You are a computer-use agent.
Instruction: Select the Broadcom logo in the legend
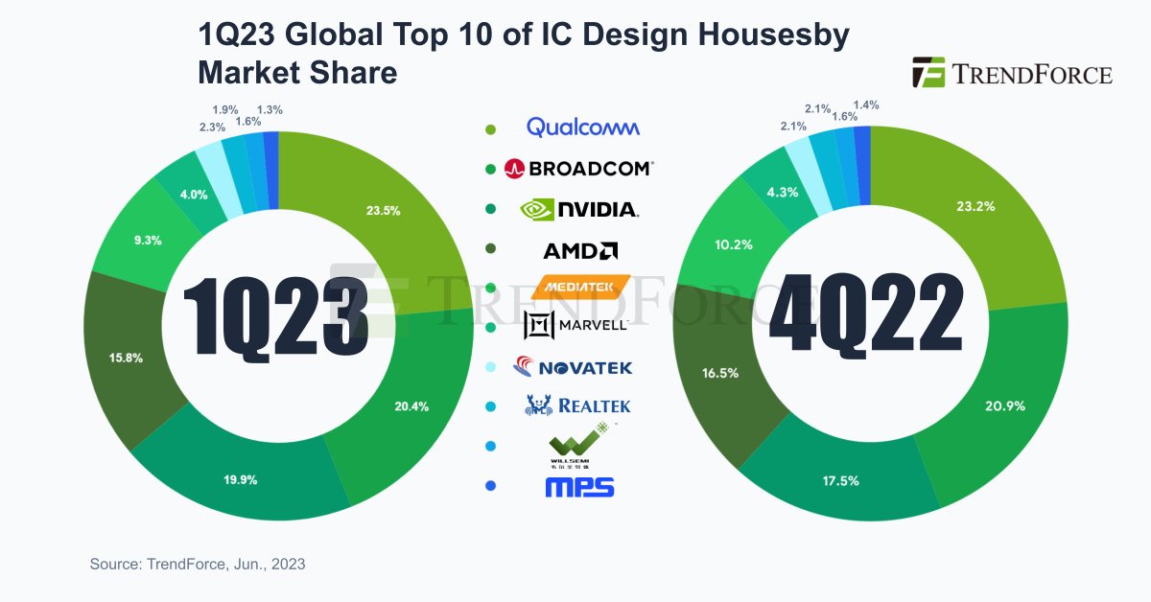point(578,169)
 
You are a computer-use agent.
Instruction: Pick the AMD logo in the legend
point(579,251)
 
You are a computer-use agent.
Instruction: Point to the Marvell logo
point(575,326)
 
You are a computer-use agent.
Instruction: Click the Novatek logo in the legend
point(573,367)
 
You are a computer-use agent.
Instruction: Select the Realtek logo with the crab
point(577,405)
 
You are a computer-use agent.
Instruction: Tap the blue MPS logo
point(579,487)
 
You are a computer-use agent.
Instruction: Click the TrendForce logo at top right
point(1012,73)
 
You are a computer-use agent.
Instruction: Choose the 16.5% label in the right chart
point(720,373)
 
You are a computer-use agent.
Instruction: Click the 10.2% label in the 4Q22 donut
point(735,245)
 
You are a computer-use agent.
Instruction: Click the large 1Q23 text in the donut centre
point(276,313)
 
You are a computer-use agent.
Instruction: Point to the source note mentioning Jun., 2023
point(198,565)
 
